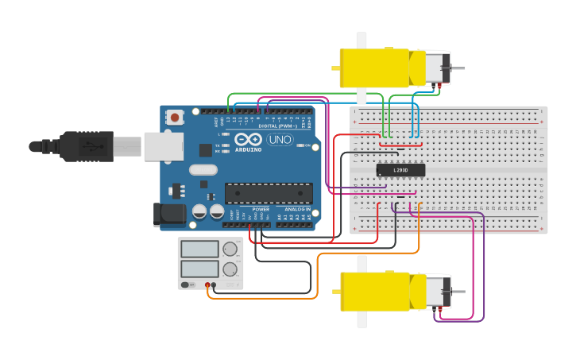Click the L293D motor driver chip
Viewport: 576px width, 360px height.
pyautogui.click(x=400, y=169)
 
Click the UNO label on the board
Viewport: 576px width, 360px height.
pyautogui.click(x=280, y=140)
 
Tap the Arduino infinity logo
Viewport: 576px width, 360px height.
pyautogui.click(x=248, y=140)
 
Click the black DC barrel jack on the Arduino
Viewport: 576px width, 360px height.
pyautogui.click(x=168, y=213)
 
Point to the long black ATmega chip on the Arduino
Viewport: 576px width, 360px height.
pyautogui.click(x=269, y=193)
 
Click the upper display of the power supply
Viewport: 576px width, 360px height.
pyautogui.click(x=199, y=249)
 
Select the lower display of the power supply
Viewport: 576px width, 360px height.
pyautogui.click(x=199, y=269)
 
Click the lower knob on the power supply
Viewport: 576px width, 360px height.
pyautogui.click(x=231, y=269)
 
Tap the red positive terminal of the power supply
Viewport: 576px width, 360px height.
pyautogui.click(x=207, y=285)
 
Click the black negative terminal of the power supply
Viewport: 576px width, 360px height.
pyautogui.click(x=215, y=285)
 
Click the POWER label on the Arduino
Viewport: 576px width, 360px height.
pyautogui.click(x=260, y=209)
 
